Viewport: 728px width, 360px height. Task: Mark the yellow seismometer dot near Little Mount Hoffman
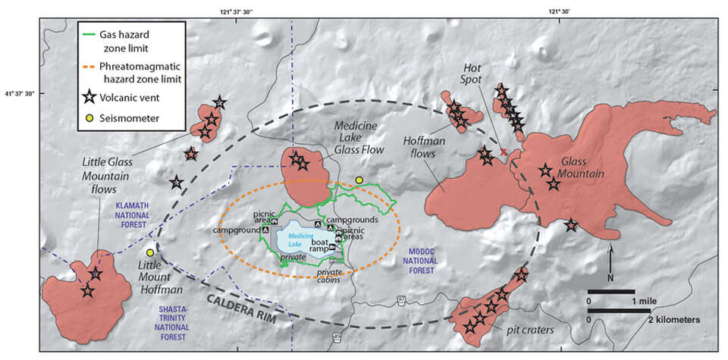pos(151,252)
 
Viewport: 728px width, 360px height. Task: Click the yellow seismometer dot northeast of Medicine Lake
pos(359,180)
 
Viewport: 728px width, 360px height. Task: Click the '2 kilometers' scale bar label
pos(667,319)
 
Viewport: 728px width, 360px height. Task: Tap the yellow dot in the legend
pos(89,118)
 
